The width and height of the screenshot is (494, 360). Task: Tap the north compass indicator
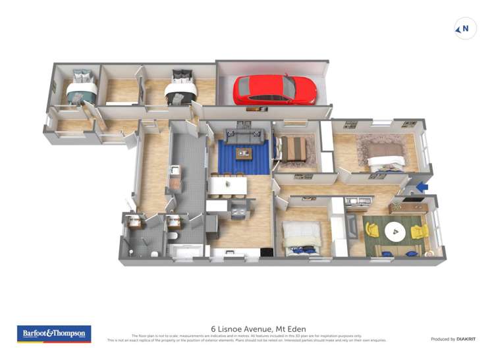(465, 28)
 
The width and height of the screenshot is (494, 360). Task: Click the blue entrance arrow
(422, 187)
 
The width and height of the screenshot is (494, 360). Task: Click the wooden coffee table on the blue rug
(245, 154)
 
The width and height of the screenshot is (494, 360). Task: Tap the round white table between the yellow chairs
(395, 231)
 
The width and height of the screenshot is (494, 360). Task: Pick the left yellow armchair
(373, 230)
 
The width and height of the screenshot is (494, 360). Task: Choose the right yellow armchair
(419, 232)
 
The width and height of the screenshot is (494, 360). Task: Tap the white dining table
(228, 186)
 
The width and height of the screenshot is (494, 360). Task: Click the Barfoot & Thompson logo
(53, 333)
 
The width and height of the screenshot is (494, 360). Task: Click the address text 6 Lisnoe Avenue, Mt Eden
(258, 328)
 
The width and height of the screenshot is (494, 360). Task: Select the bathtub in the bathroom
(186, 249)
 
